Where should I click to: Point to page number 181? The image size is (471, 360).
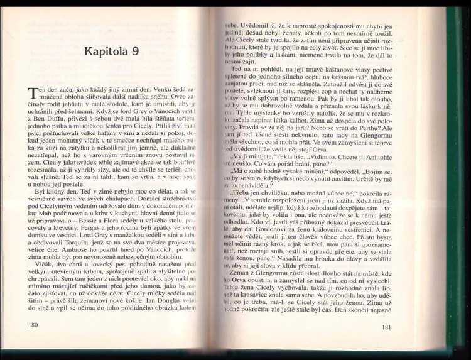(386, 327)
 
